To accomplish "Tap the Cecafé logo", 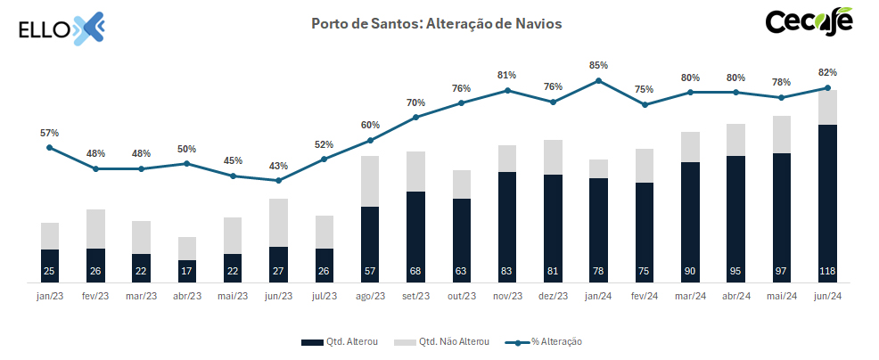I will pos(809,22).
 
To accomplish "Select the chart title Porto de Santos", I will pos(436,24).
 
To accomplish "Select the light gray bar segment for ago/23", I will pos(370,181).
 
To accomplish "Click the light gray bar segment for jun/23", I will pos(278,222).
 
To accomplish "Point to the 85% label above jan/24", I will pos(599,65).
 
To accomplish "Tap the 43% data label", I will pos(278,166).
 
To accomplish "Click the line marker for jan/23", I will pos(49,148).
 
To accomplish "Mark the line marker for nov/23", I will pos(507,90).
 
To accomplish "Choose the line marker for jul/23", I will pos(324,160).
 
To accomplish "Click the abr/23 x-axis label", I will pos(186,297).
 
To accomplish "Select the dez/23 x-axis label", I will pos(553,297).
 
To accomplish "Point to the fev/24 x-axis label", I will pos(645,297).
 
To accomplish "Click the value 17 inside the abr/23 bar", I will pos(186,271).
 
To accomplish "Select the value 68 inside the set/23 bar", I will pos(415,271).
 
